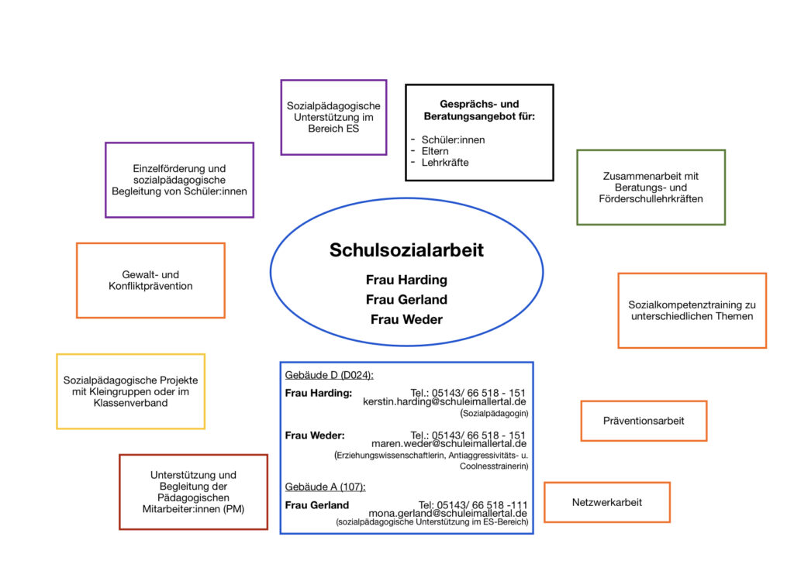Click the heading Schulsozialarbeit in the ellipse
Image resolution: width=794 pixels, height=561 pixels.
[406, 250]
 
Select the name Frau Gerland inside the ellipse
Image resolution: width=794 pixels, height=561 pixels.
[406, 299]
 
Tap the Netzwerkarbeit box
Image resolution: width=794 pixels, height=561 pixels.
[607, 502]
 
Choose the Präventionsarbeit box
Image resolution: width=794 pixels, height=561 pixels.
[644, 421]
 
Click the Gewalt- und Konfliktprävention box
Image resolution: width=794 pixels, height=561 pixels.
[150, 280]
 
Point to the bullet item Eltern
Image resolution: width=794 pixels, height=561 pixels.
[435, 151]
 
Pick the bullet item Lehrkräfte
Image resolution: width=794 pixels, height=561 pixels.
[445, 163]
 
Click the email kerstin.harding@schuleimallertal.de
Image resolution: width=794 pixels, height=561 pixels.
[444, 402]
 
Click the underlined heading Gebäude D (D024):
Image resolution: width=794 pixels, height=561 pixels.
[330, 375]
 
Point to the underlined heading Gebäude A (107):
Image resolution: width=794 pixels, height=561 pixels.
[325, 487]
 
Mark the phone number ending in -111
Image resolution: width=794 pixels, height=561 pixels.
[473, 504]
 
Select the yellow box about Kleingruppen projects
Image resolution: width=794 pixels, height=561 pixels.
[130, 391]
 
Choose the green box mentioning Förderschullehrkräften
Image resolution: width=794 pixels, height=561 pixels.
[651, 188]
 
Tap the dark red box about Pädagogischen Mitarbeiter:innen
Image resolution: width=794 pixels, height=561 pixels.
[193, 492]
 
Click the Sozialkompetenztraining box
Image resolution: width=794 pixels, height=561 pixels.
[692, 310]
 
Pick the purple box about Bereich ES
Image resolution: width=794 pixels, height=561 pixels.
[333, 117]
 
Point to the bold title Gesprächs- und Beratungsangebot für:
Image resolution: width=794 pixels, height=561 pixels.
[479, 109]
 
